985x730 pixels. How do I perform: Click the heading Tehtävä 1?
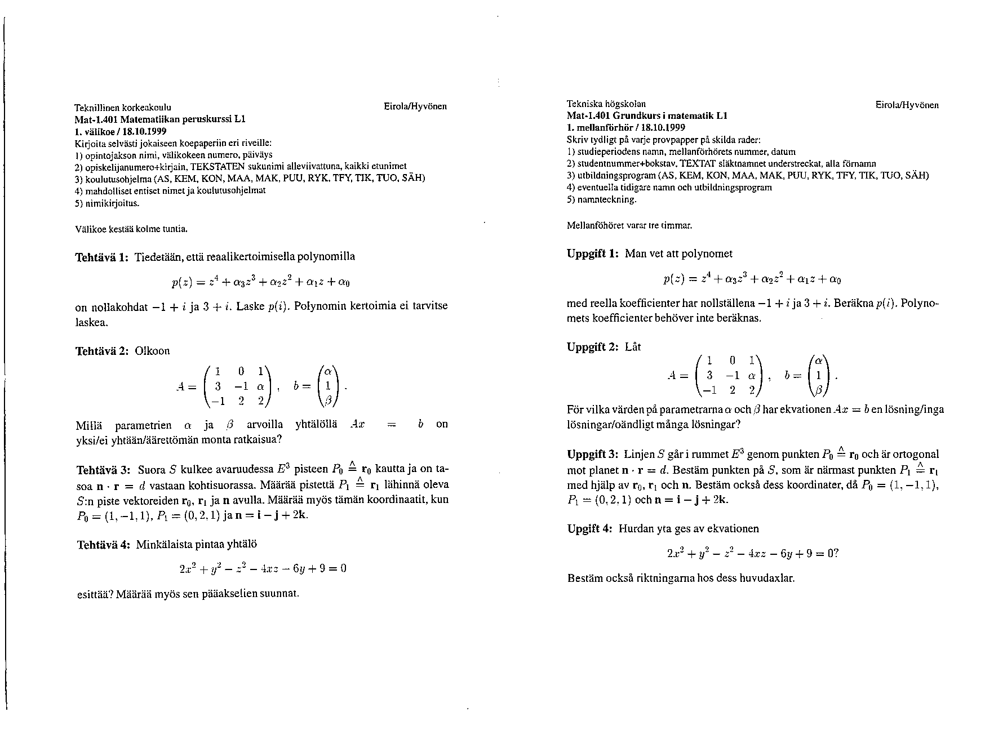(102, 257)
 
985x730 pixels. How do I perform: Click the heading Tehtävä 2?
(102, 351)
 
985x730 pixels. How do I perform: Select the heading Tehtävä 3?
(104, 469)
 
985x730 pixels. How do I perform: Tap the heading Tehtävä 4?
(103, 545)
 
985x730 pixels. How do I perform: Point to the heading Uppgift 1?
(593, 253)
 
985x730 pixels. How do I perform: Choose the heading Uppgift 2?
(593, 347)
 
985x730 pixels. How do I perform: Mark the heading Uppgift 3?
(593, 455)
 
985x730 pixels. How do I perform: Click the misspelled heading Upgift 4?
(589, 529)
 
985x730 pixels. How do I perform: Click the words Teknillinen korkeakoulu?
(123, 107)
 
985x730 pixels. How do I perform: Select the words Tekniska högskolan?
(606, 104)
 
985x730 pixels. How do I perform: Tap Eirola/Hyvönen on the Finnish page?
(415, 106)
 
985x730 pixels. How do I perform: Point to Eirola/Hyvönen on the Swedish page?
(907, 105)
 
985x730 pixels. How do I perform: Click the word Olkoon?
(152, 351)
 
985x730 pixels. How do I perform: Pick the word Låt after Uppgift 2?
(633, 347)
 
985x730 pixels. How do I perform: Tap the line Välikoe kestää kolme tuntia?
(131, 229)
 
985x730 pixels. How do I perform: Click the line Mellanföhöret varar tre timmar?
(629, 226)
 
